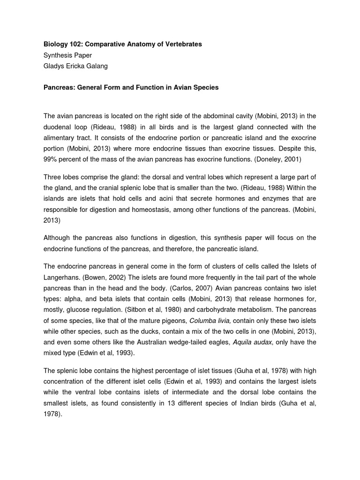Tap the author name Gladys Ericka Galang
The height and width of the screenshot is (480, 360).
point(75,66)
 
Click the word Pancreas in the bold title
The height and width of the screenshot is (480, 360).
point(59,88)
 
